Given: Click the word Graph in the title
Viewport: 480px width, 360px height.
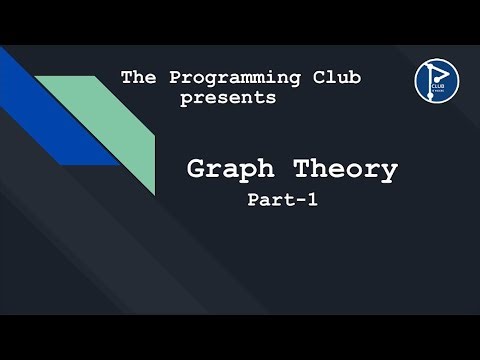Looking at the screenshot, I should click(231, 169).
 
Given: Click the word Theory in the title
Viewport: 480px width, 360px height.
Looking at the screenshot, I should click(341, 169).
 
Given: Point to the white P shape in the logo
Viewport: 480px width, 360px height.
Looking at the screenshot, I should click(434, 74).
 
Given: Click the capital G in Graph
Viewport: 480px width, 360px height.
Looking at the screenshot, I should click(198, 169).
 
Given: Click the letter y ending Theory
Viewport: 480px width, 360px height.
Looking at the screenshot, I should click(386, 172).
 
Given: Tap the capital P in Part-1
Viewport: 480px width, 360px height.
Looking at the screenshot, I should click(254, 200).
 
